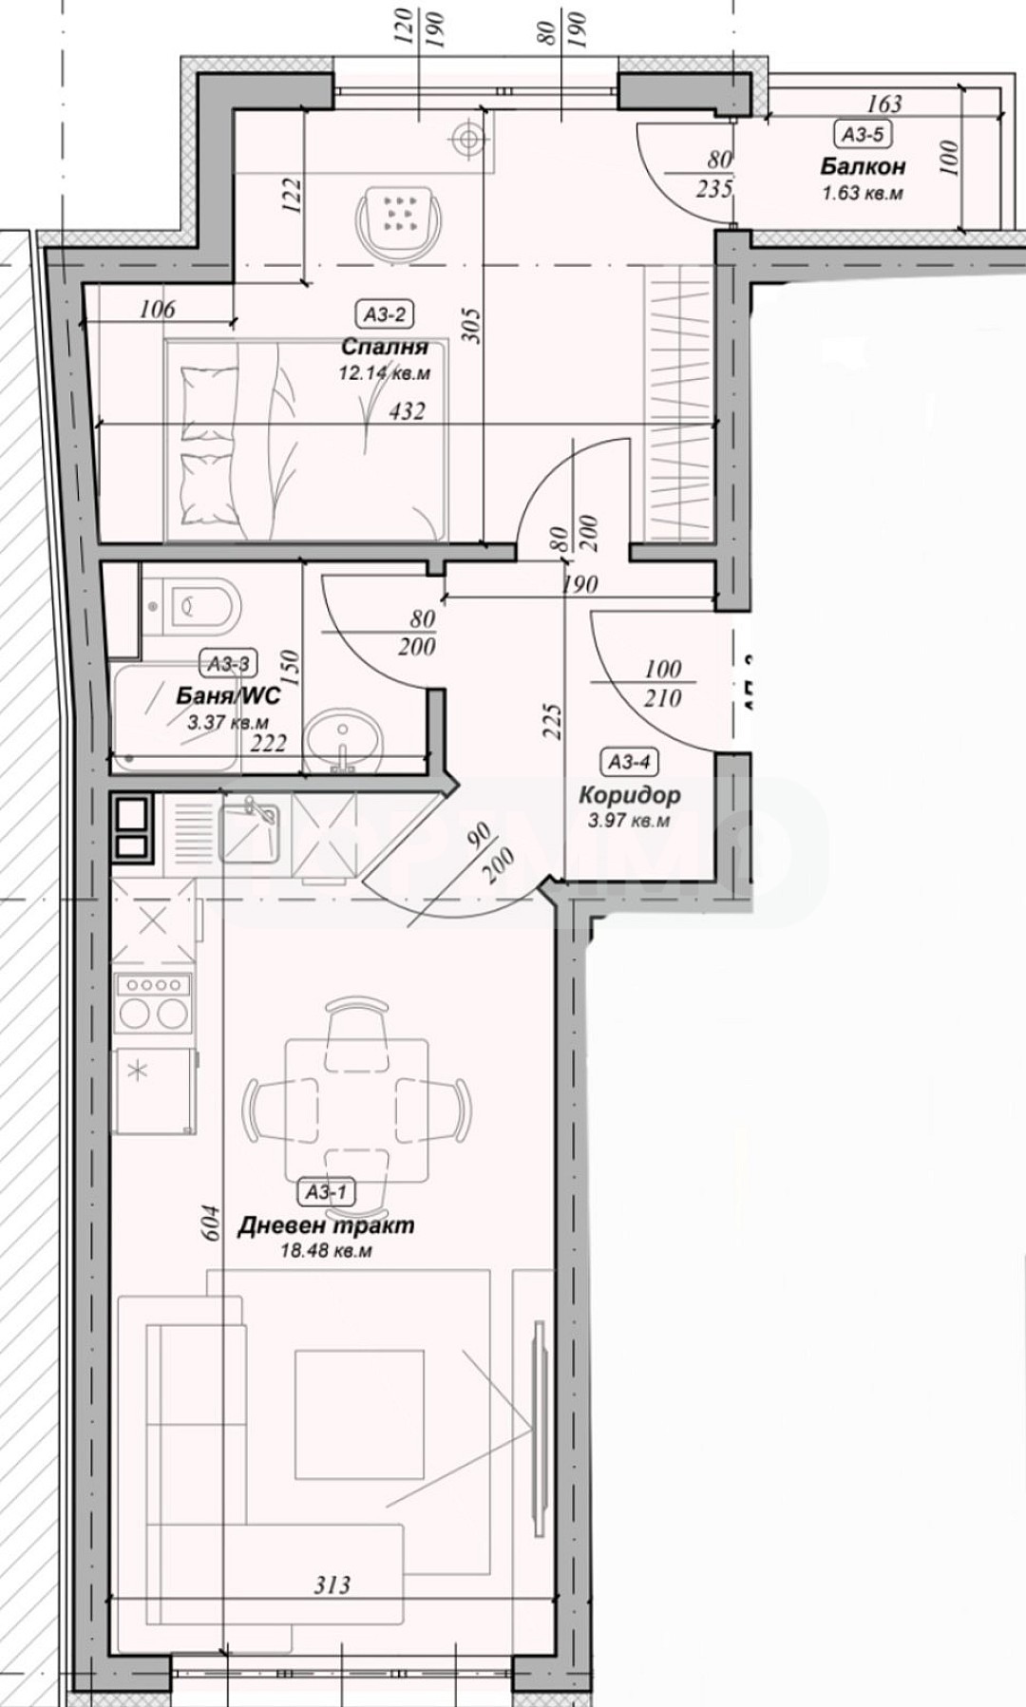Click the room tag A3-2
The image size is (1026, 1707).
385,313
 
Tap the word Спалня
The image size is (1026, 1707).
384,348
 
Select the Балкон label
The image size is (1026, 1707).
863,167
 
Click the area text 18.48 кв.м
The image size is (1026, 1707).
326,1251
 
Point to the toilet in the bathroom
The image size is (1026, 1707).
195,605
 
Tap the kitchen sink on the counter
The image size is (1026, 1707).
249,828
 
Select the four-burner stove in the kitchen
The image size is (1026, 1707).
152,1002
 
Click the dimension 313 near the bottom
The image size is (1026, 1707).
332,1584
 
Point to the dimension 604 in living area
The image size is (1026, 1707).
211,1223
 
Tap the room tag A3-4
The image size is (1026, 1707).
630,761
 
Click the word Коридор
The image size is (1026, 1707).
629,796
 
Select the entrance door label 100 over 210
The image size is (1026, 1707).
662,683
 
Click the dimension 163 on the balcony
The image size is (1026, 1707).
883,104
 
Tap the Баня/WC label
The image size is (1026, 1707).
228,695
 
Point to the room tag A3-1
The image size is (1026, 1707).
326,1191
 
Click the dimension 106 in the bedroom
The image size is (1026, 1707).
157,308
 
